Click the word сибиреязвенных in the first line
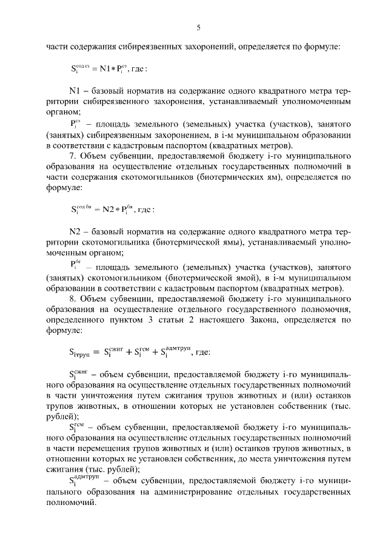click(139, 46)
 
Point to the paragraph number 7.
click(73, 156)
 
